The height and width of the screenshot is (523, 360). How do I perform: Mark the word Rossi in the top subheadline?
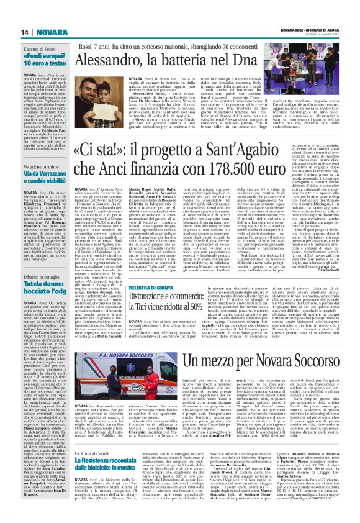coord(109,47)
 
